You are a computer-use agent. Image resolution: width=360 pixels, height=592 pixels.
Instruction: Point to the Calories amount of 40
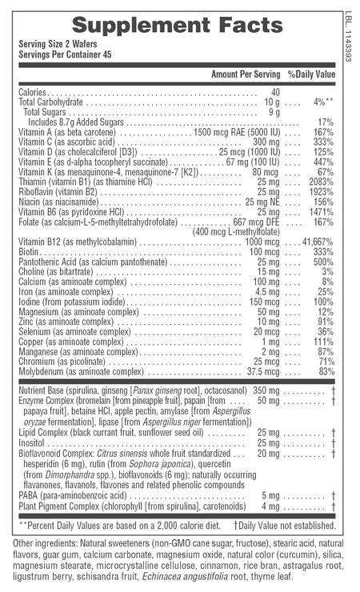coord(275,92)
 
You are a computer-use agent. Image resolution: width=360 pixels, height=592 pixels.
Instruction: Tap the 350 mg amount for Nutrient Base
coord(266,390)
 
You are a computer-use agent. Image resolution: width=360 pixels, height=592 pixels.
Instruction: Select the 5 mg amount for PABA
coord(270,495)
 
